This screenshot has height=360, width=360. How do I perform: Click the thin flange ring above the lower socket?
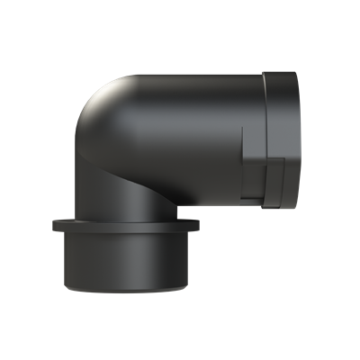click(126, 225)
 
